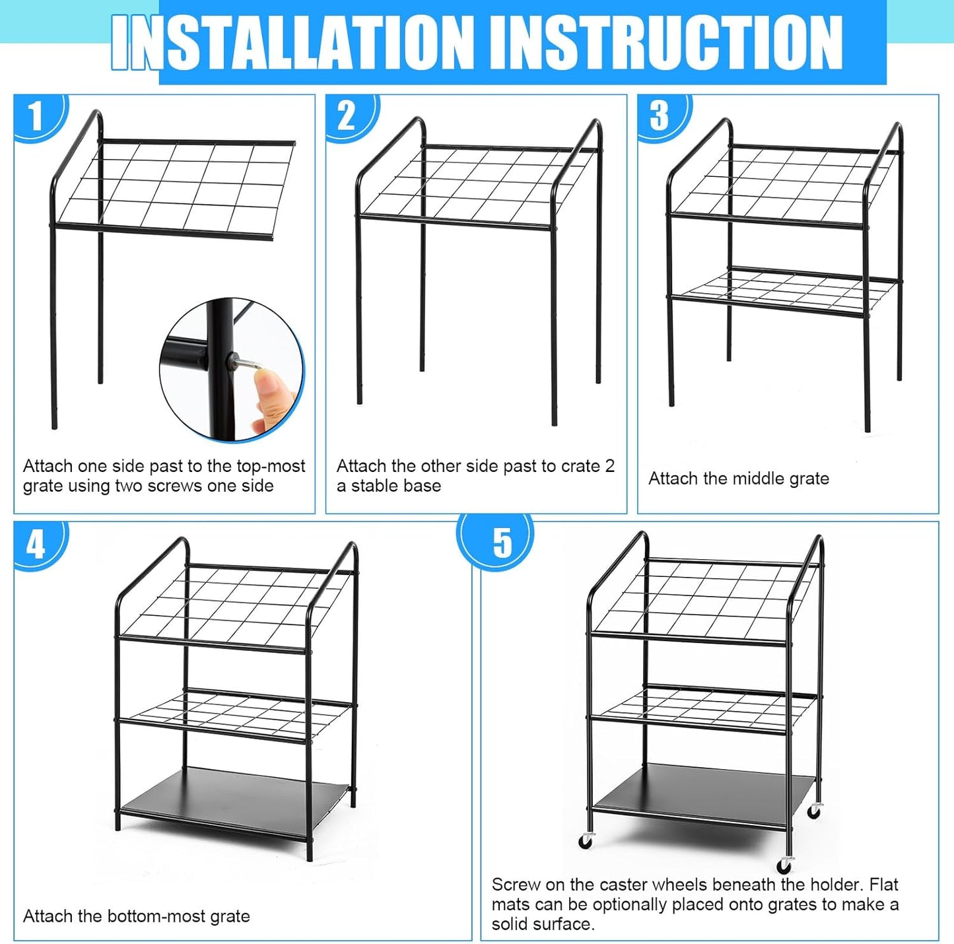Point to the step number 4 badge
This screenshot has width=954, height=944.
point(36,545)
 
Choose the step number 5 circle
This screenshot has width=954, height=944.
point(501,543)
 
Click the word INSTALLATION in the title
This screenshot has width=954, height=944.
point(290,42)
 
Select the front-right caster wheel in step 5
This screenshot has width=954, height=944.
point(784,865)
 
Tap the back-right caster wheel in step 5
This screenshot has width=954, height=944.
point(815,811)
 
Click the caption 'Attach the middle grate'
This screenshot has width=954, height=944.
point(738,479)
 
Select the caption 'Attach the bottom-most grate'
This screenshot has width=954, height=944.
point(136,916)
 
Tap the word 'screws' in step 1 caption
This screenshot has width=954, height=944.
point(176,486)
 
